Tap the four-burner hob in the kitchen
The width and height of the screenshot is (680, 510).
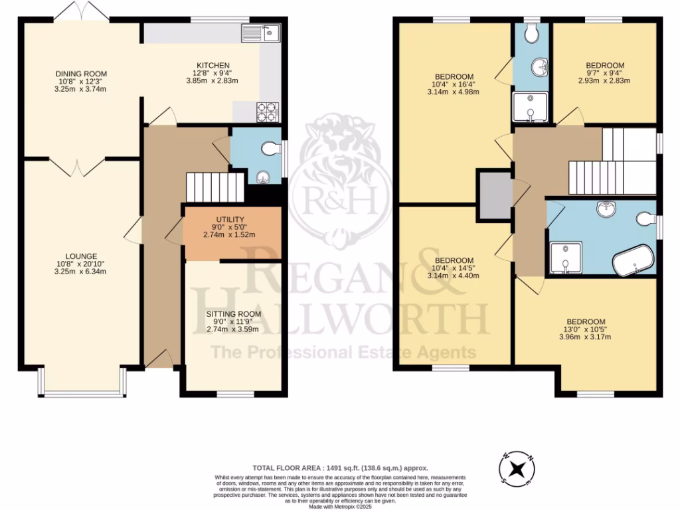(x=268, y=112)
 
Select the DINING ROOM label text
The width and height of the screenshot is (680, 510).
(x=81, y=74)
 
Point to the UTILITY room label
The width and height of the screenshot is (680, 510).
(x=230, y=219)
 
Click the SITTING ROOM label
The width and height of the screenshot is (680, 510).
(x=232, y=314)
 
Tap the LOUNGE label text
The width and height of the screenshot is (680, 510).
(x=81, y=256)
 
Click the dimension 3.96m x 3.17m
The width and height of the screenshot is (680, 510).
(x=585, y=337)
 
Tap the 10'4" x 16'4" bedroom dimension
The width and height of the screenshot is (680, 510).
(x=454, y=84)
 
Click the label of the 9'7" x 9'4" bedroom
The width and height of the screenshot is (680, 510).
(x=604, y=66)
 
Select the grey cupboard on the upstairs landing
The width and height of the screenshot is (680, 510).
(x=494, y=193)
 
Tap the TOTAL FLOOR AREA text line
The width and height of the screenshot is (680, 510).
(x=340, y=467)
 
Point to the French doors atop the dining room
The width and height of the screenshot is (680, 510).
(x=79, y=12)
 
